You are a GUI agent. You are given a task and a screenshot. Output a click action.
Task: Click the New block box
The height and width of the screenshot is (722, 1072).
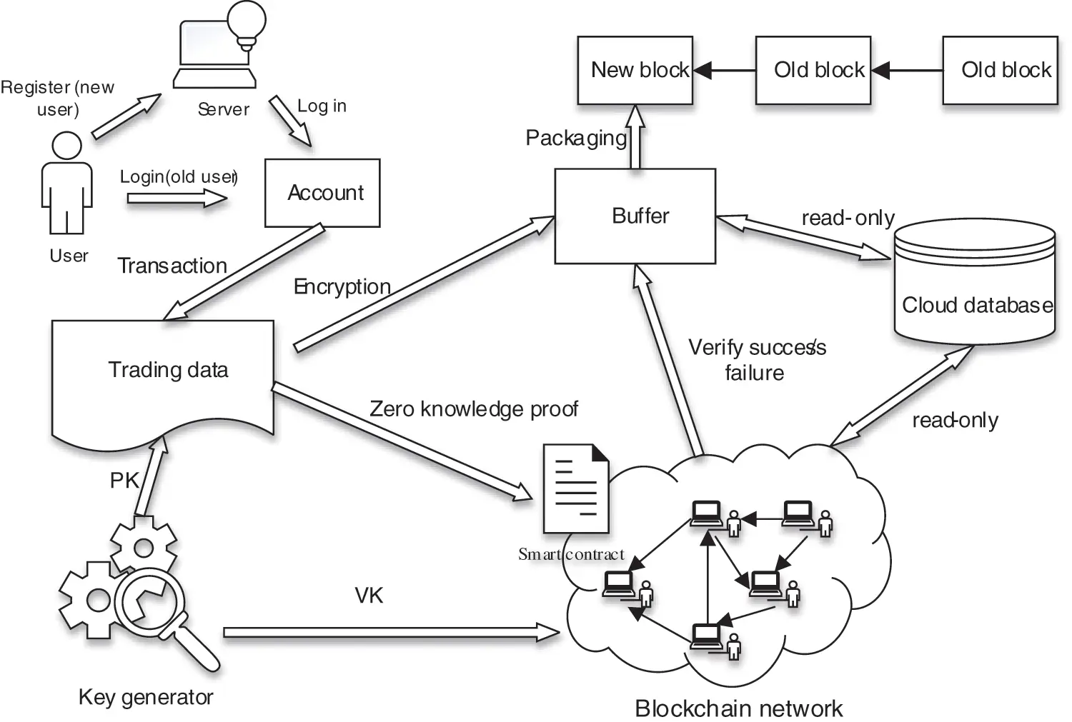pos(635,70)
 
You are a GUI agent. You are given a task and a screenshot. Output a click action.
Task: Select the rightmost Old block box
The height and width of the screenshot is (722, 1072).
pos(999,70)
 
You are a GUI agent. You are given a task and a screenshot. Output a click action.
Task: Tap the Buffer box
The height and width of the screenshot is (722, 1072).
pos(635,216)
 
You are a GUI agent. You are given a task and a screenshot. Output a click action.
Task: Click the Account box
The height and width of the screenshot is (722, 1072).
pos(322,193)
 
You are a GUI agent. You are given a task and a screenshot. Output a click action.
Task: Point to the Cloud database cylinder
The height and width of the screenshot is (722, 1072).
pos(975,286)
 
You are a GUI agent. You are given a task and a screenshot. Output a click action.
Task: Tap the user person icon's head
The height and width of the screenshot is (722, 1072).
pos(67,146)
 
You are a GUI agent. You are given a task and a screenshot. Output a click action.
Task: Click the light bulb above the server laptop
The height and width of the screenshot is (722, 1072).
pos(246,21)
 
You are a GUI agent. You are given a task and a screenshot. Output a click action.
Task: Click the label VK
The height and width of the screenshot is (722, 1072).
pos(369,596)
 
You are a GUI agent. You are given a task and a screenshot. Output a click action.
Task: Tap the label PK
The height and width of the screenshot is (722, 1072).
pos(124,481)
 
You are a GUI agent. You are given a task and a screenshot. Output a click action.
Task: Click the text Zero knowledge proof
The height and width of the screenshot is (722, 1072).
pos(473,409)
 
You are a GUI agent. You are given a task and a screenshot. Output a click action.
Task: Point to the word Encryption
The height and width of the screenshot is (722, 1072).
pos(342,286)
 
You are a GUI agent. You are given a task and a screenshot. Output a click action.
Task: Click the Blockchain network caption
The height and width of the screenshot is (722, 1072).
pos(738,708)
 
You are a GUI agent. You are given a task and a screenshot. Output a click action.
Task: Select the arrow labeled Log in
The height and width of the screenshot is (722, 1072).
pos(290,121)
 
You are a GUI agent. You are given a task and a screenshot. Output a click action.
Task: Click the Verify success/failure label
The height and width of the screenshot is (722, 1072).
pos(756,360)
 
